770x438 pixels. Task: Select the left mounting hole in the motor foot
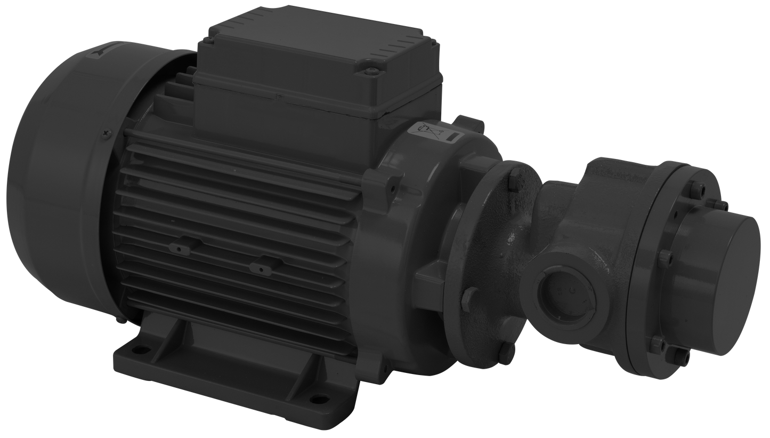pos(140,350)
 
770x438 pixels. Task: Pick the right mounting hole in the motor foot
pos(318,398)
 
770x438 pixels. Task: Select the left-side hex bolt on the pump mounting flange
pos(471,297)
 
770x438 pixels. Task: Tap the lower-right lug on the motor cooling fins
pos(260,267)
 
